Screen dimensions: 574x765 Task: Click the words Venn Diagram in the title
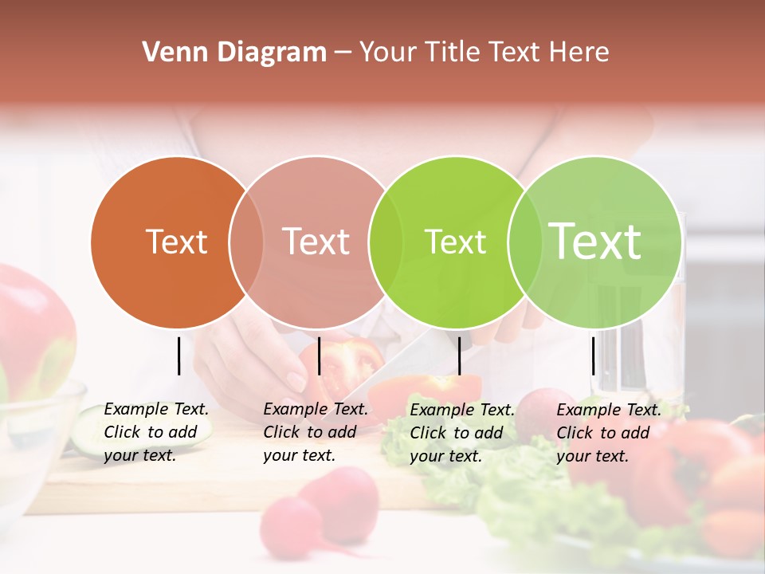click(x=234, y=53)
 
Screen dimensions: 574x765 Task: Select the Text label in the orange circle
click(x=176, y=242)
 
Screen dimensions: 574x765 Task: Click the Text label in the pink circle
click(x=316, y=242)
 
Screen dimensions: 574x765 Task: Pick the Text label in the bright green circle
click(x=455, y=242)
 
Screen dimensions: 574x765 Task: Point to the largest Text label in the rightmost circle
click(x=595, y=242)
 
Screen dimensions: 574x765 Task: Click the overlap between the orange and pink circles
click(x=246, y=242)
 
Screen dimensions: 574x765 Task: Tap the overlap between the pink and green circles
click(x=386, y=242)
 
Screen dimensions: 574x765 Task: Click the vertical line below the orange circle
click(x=178, y=356)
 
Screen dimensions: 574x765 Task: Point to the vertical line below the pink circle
click(x=319, y=356)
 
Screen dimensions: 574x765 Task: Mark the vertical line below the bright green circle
click(x=459, y=356)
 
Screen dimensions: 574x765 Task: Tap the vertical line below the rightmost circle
click(x=593, y=356)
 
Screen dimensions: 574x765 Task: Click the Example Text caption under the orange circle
click(x=156, y=432)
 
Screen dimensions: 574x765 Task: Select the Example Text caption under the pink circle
click(x=316, y=432)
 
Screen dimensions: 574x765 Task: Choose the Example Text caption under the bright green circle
click(x=462, y=432)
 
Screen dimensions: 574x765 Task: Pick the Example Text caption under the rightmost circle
click(x=609, y=432)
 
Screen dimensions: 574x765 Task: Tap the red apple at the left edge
click(x=32, y=327)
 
